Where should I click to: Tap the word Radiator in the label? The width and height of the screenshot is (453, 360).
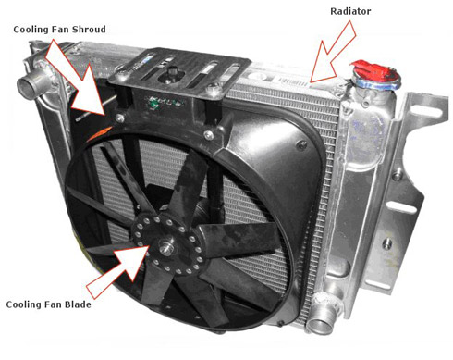350,11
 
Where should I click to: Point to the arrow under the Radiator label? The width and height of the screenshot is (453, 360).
334,52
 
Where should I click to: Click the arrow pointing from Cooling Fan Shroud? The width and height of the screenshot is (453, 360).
76,77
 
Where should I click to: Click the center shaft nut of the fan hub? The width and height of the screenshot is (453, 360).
165,246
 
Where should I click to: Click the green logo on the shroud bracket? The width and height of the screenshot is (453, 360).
153,103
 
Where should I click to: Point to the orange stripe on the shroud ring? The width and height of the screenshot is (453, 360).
99,133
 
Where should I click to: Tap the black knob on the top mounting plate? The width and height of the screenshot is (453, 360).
170,73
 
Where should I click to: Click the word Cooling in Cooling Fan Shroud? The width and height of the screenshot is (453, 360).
31,30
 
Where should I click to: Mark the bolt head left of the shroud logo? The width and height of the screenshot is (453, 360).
119,118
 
